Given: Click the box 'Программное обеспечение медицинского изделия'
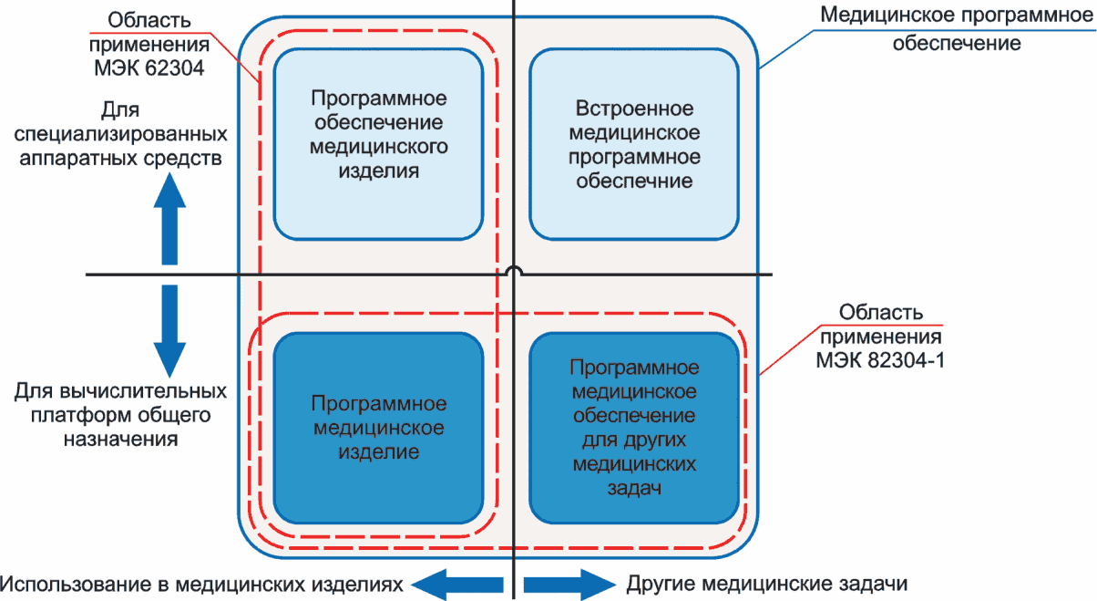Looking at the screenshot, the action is [x=378, y=144].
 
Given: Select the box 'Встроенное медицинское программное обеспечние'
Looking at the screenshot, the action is [x=634, y=144].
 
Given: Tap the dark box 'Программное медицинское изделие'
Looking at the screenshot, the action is [x=378, y=428].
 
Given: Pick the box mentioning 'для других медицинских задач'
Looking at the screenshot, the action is [x=634, y=428].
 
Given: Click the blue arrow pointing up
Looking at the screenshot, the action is [x=169, y=219].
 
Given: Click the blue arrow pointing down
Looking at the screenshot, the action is [x=169, y=331].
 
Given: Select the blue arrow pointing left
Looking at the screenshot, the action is [x=456, y=585].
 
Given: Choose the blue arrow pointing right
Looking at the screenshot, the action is [x=570, y=585].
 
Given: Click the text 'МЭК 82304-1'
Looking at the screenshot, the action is [x=880, y=360].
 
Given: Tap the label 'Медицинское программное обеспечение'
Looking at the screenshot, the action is [x=957, y=29].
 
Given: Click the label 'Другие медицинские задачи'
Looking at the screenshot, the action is [x=767, y=584].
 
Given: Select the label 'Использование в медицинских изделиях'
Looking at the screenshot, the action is [x=201, y=585].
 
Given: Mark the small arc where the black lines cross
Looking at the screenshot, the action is [x=514, y=270].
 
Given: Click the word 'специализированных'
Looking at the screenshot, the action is [x=120, y=134].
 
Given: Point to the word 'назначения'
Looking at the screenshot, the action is [x=120, y=439].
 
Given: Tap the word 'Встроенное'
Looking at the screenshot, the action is [x=634, y=109].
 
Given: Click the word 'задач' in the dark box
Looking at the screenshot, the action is [x=634, y=488].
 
